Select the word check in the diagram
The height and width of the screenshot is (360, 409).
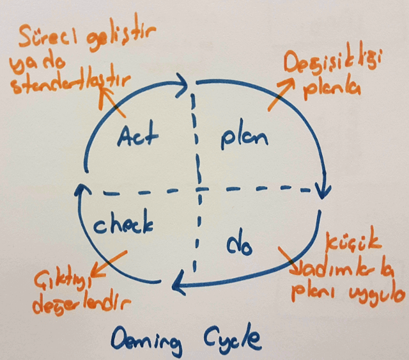click(x=123, y=224)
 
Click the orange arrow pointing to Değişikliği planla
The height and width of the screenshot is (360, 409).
click(x=282, y=93)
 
